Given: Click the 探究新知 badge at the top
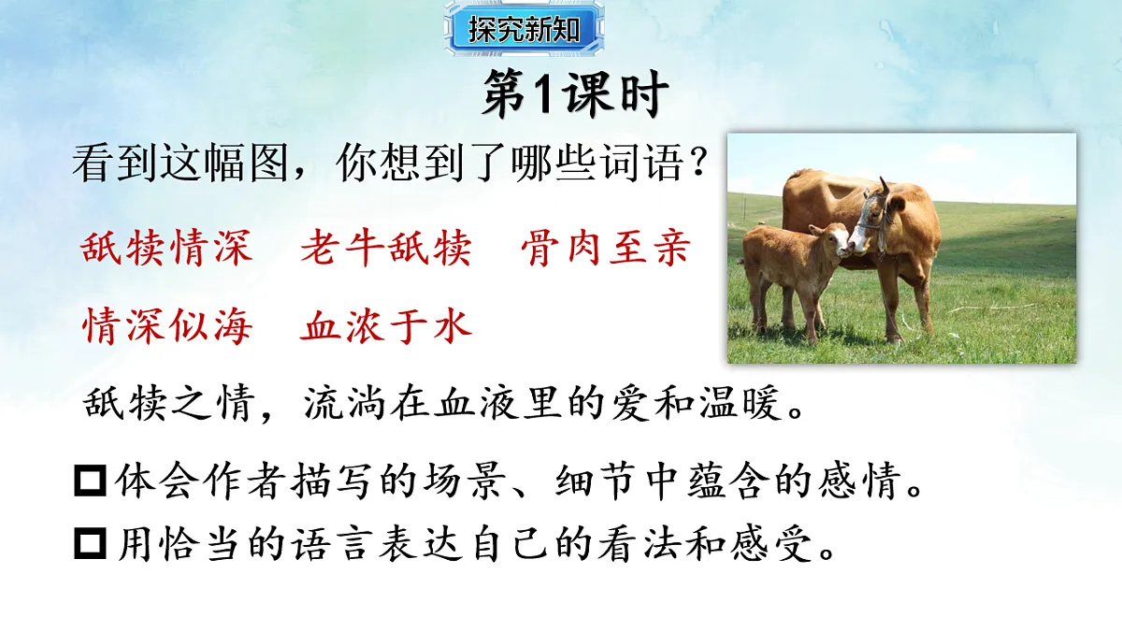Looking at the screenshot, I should [513, 29].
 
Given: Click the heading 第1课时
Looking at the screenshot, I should [575, 96].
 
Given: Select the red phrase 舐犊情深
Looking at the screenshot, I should [166, 250].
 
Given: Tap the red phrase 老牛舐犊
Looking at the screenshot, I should [386, 250].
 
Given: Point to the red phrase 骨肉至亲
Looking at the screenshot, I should [606, 250].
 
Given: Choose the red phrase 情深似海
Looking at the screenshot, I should [166, 327].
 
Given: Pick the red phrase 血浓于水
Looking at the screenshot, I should [386, 327].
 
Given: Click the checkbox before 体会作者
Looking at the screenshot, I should [90, 484].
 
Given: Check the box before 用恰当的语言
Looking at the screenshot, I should [90, 545].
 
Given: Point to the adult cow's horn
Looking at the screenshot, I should [884, 184].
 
